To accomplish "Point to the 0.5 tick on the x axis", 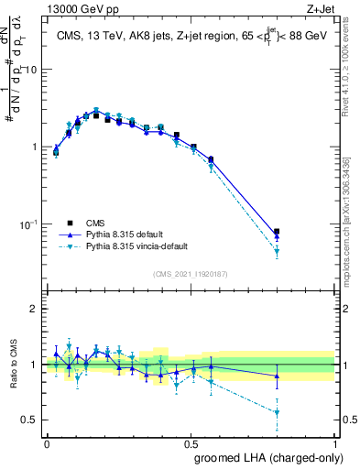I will [x=191, y=443].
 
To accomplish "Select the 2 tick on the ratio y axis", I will [x=37, y=309].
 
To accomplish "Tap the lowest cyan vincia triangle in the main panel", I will [x=277, y=251].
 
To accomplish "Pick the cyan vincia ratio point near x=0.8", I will [x=277, y=412].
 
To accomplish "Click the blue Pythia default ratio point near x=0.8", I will [x=277, y=376].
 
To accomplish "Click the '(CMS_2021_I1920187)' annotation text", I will [x=191, y=272].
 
